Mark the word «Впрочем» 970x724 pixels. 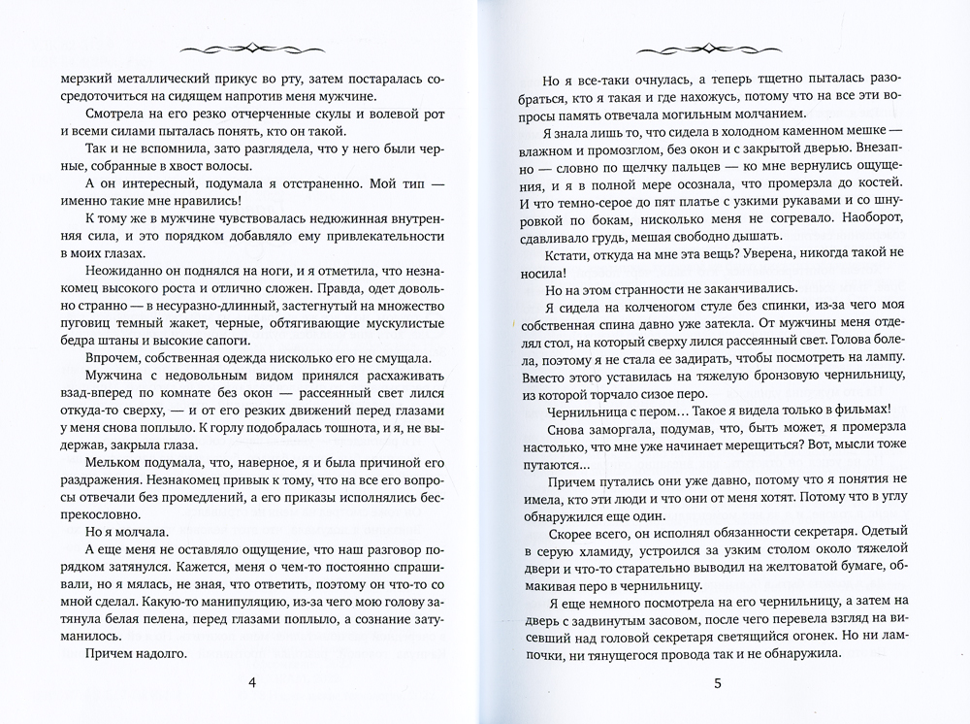coord(109,358)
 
